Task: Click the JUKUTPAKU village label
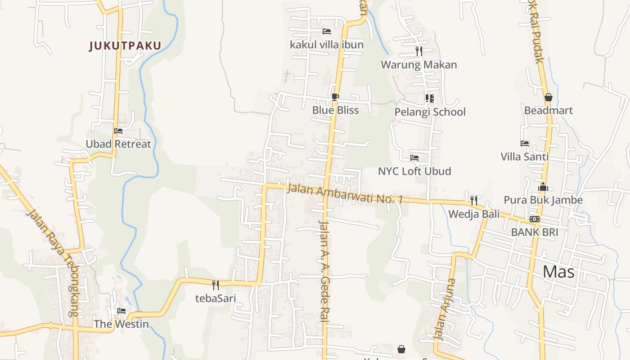125,46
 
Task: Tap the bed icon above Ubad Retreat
118,131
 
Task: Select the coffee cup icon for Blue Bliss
335,96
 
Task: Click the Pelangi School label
430,112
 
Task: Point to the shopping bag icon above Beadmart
548,97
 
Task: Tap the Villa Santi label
525,157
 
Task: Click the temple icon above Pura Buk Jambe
543,187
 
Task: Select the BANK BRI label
535,232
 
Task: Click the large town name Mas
558,272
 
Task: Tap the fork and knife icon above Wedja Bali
473,200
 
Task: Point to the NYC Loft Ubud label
414,171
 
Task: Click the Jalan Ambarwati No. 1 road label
344,194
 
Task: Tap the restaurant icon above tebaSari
215,284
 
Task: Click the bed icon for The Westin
121,311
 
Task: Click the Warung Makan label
418,65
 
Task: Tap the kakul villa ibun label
326,45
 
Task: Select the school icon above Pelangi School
429,98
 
